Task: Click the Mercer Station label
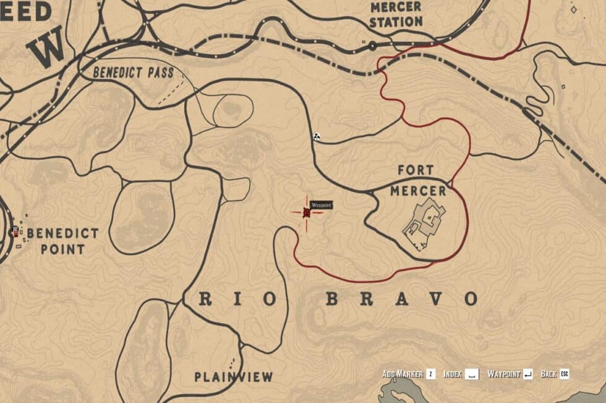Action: tap(396, 14)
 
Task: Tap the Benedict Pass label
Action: tap(133, 72)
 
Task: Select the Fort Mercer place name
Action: tap(418, 180)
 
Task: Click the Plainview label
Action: tap(233, 376)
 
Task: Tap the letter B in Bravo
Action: tap(332, 299)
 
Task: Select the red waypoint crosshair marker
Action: tap(307, 213)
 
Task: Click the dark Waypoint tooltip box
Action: tap(321, 204)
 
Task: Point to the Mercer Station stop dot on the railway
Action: tap(372, 46)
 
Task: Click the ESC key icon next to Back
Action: tap(564, 375)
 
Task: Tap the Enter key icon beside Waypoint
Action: tap(527, 375)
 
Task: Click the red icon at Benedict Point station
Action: tap(15, 231)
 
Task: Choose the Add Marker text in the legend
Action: tap(403, 375)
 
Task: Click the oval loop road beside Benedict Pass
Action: tap(233, 111)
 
